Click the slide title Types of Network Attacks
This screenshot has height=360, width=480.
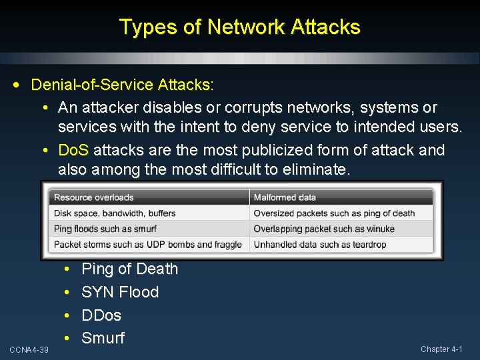(x=240, y=27)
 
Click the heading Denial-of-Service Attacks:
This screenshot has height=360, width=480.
(x=123, y=85)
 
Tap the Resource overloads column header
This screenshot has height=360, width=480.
(x=94, y=197)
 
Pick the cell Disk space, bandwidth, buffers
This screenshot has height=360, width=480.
(x=115, y=213)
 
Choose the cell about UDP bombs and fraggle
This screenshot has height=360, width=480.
(x=147, y=244)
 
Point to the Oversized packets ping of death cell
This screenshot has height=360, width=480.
(x=334, y=213)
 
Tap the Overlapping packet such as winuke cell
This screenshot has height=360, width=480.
(x=324, y=229)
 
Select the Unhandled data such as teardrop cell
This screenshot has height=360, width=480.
(x=320, y=244)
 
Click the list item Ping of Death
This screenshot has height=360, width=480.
(x=129, y=269)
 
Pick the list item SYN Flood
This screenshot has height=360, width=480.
(x=120, y=292)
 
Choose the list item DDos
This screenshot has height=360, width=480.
(x=101, y=315)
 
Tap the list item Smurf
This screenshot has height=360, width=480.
(x=103, y=338)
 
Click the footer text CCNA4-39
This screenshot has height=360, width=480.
(x=29, y=350)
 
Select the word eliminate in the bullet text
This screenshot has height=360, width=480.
(x=313, y=169)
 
